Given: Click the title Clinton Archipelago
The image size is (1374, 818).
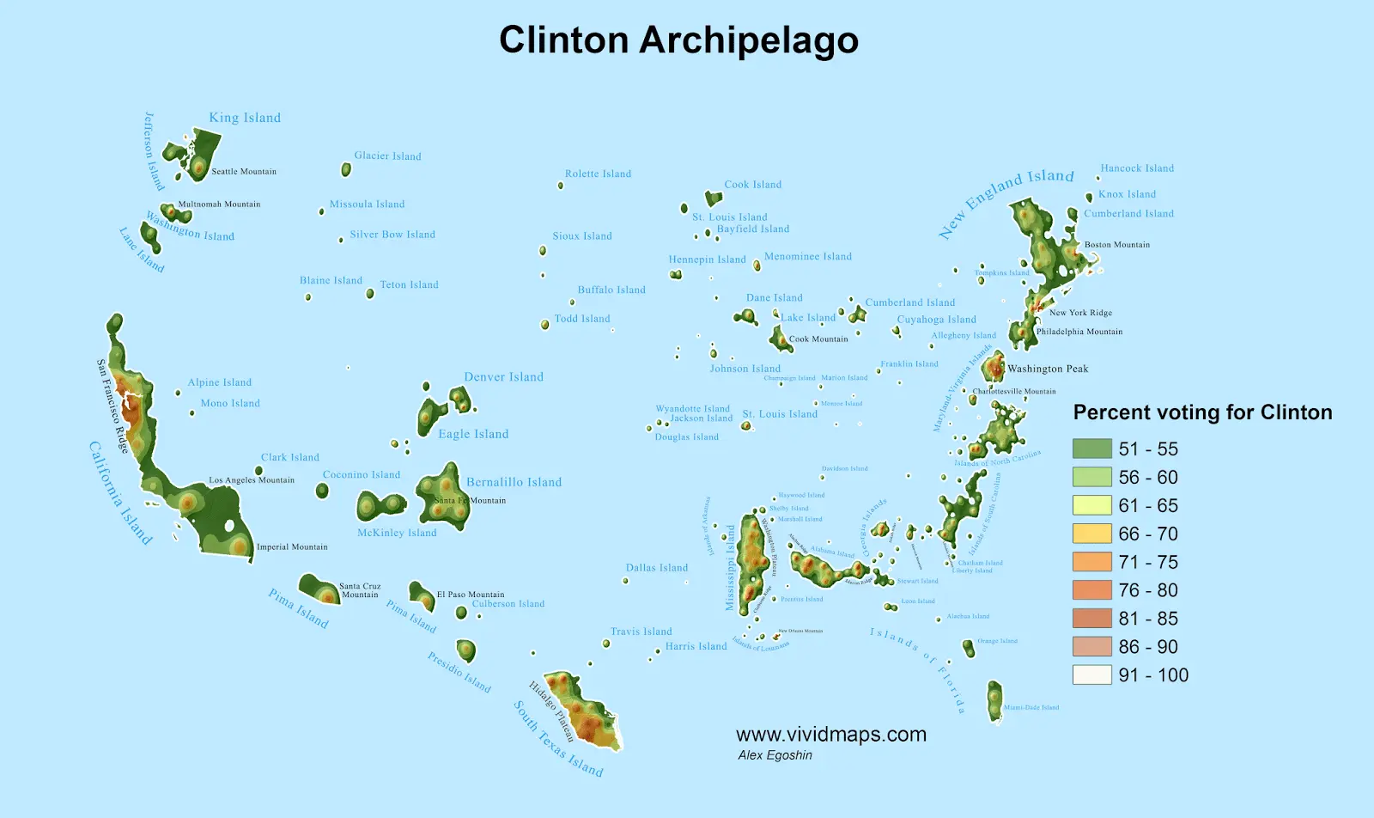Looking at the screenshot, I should click(x=678, y=40).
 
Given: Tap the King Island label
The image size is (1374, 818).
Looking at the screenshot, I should click(x=245, y=118).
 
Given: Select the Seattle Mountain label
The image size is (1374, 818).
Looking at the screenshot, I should click(x=244, y=172).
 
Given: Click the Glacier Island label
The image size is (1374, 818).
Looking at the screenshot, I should click(x=387, y=156).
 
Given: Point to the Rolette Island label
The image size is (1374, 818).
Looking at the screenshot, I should click(x=598, y=174).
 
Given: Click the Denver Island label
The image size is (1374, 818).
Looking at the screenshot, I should click(x=503, y=377).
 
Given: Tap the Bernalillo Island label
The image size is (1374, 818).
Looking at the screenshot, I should click(x=514, y=482).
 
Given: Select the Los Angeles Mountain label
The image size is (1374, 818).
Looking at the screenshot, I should click(x=252, y=480).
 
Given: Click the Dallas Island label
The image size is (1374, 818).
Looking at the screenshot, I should click(x=656, y=568).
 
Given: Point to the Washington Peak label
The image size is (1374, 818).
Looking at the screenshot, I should click(x=1048, y=369).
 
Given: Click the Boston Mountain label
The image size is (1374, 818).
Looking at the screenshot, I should click(x=1116, y=245).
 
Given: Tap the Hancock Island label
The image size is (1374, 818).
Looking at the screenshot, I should click(x=1137, y=168).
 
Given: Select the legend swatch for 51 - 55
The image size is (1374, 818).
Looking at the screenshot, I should click(x=1091, y=449).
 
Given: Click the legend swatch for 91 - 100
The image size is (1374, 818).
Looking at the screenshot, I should click(x=1091, y=675).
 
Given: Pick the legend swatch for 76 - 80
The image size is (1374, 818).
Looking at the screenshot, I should click(x=1091, y=590).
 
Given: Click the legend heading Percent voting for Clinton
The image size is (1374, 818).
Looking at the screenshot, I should click(x=1202, y=412).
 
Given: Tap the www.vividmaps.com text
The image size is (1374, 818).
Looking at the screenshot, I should click(x=830, y=735).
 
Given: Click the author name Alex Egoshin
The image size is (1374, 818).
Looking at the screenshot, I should click(x=775, y=755).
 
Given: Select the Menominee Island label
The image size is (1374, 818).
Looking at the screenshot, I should click(x=807, y=257).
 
